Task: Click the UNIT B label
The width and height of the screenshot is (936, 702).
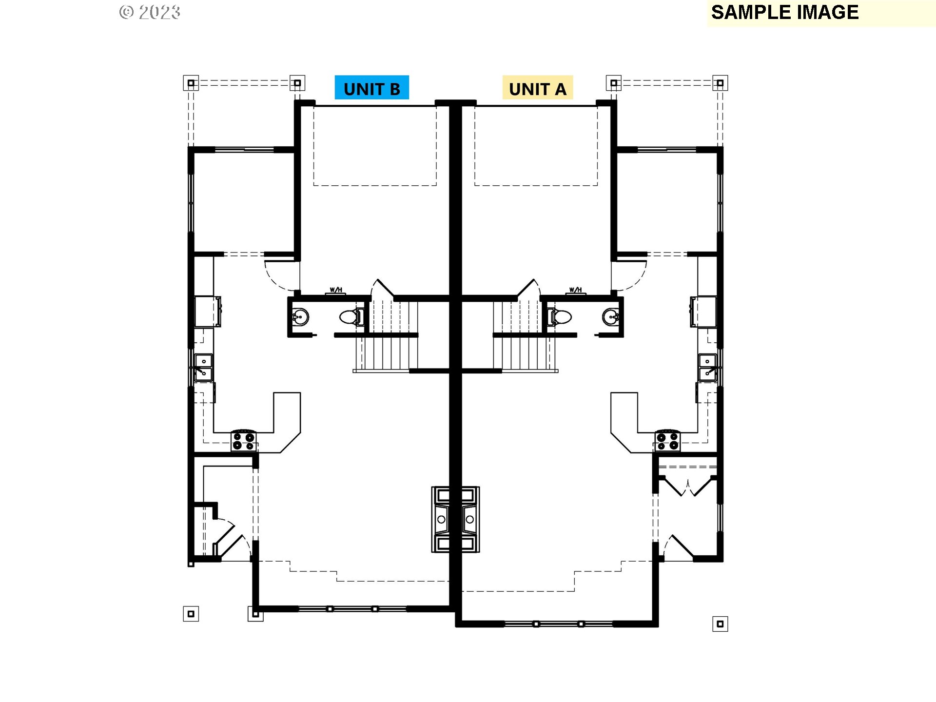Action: pos(371,88)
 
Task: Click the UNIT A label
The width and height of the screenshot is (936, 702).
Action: pos(537,88)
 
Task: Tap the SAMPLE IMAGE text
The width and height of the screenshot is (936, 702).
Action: pos(784,12)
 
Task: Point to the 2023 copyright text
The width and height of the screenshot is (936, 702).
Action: pos(150,12)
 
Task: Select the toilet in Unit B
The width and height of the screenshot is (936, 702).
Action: pos(351,317)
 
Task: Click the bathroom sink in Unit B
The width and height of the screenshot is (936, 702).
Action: pos(301,317)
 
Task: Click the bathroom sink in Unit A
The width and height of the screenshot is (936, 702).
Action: pos(610,317)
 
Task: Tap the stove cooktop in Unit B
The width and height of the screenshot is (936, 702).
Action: pos(243,441)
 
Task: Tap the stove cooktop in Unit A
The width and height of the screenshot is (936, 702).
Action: pos(667,441)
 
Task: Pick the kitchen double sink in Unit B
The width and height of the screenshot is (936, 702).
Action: pos(203,368)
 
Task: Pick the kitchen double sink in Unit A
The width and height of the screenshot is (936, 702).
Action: pos(707,368)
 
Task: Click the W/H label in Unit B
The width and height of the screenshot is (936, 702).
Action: pos(336,290)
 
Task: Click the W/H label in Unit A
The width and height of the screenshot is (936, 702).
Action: pos(575,290)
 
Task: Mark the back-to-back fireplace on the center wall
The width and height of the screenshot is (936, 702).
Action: pos(455,519)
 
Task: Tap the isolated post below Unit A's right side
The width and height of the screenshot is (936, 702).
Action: pos(720,624)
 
